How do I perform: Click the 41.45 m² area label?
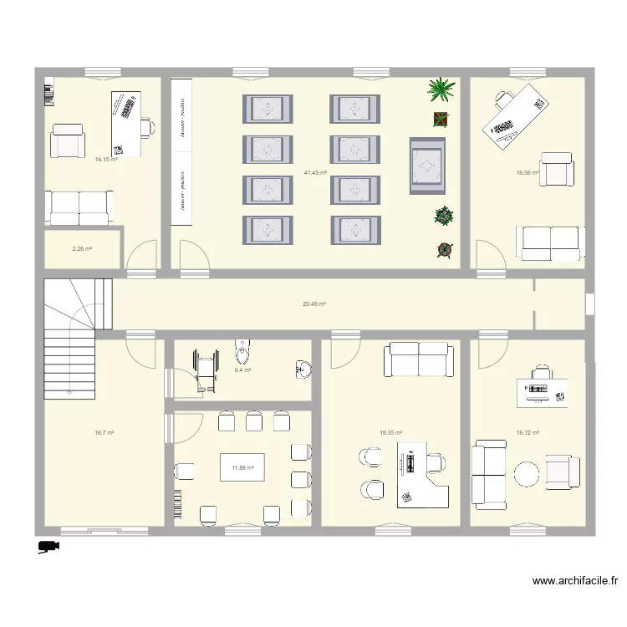(315, 173)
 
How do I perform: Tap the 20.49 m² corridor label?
(314, 304)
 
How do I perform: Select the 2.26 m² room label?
(82, 248)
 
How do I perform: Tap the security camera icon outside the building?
(47, 547)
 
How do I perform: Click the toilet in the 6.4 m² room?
(243, 347)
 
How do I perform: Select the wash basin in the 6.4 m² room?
(303, 368)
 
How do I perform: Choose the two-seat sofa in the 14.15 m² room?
(79, 207)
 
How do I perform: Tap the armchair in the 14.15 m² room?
(68, 141)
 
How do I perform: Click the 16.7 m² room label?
(104, 433)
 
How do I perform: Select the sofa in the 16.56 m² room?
(548, 242)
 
